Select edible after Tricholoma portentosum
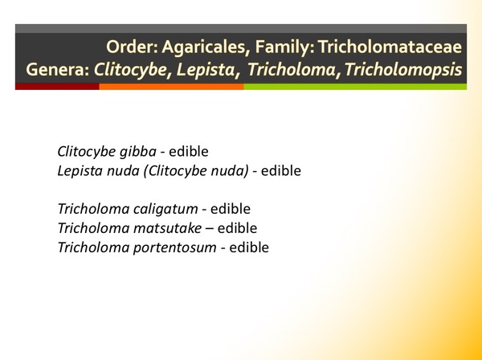click(249, 247)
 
